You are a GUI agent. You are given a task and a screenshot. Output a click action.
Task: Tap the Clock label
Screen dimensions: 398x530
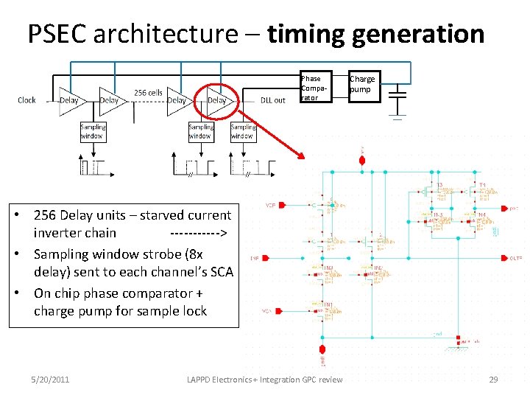[x=26, y=100]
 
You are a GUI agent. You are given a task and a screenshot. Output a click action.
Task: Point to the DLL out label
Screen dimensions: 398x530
[x=273, y=100]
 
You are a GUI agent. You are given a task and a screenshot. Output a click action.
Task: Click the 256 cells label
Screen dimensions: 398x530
[x=148, y=93]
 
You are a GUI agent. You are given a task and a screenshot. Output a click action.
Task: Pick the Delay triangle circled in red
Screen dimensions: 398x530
[x=217, y=99]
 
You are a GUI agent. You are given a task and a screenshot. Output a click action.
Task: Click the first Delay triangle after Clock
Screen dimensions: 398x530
[x=70, y=99]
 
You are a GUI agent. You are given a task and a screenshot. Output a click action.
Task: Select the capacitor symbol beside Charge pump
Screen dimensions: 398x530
[x=397, y=96]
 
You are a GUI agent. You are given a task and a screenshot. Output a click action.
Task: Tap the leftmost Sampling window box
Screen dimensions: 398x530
[x=93, y=131]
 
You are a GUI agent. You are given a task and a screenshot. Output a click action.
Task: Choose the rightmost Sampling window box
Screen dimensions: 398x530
[x=243, y=131]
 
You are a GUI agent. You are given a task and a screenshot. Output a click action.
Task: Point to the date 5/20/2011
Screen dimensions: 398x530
[x=50, y=380]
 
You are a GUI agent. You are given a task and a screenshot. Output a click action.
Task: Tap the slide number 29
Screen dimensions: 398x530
[x=493, y=380]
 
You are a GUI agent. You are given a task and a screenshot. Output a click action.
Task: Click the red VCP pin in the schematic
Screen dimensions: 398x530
[x=271, y=206]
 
